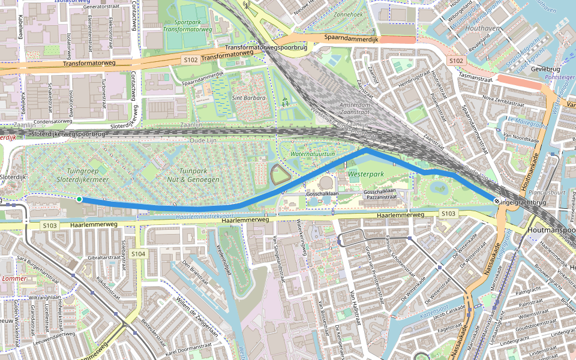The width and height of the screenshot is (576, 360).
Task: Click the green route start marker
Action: click(79, 199)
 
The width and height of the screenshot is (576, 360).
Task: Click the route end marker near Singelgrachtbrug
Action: click(496, 202)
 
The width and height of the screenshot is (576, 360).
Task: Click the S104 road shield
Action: click(138, 254)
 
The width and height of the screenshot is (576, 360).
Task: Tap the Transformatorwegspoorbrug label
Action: click(265, 47)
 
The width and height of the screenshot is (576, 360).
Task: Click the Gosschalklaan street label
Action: click(323, 195)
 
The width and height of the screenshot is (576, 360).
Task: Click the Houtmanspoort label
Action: click(550, 230)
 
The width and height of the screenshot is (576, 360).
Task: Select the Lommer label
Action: click(14, 278)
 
